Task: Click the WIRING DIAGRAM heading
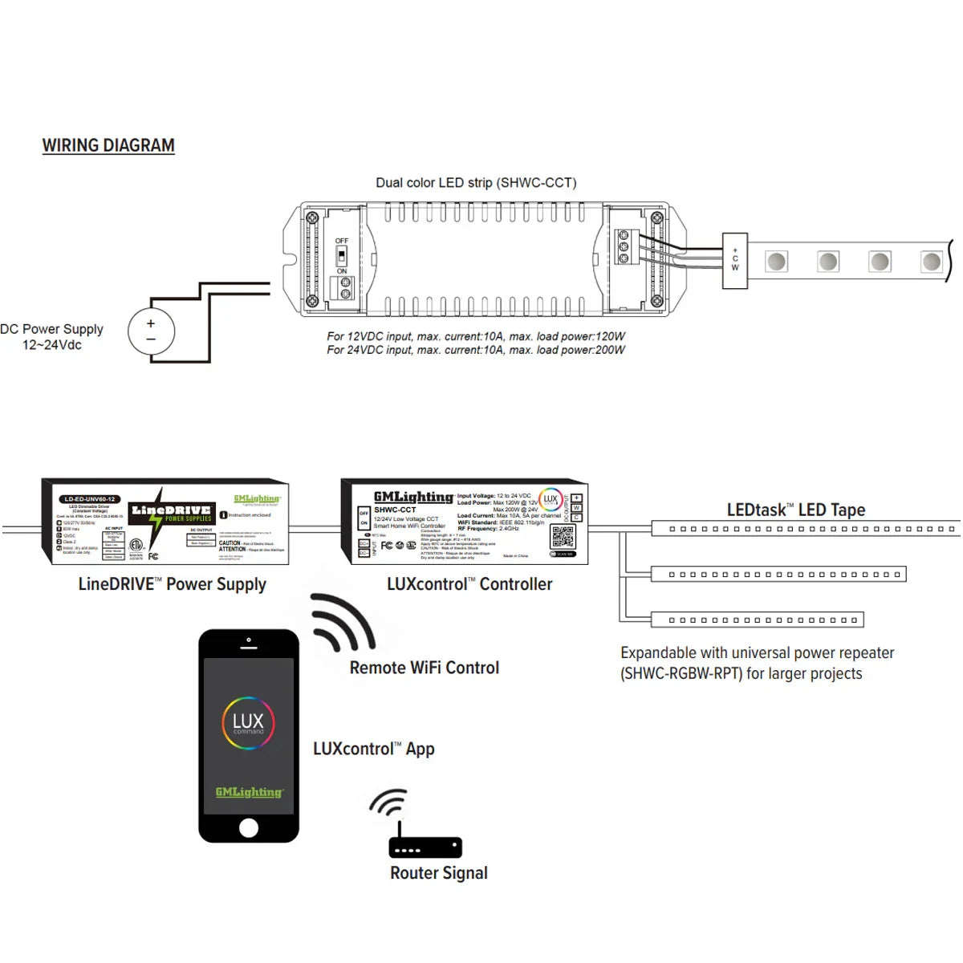coord(108,145)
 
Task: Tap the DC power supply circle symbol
coord(151,331)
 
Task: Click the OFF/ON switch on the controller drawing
coord(342,256)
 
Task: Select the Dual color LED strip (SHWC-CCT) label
coord(476,183)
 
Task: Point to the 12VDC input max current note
coord(475,336)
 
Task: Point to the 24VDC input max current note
coord(475,350)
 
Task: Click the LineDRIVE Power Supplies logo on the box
coord(172,513)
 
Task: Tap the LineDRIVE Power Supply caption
coord(172,584)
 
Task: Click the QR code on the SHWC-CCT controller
coord(563,537)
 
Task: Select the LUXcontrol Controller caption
coord(469,584)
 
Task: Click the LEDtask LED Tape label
coord(795,510)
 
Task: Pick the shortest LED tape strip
coord(757,620)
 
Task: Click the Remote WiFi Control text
coord(424,668)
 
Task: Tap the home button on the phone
coord(249,827)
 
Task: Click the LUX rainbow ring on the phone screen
coord(248,723)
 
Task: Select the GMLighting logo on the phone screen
coord(249,792)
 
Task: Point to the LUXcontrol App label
coord(374,749)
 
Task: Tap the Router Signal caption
coord(439,873)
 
